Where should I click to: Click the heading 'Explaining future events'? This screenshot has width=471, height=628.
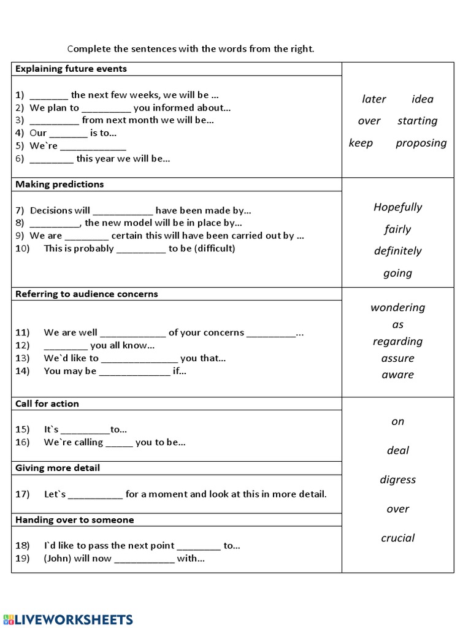pos(71,69)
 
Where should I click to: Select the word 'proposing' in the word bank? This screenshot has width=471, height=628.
pos(421,143)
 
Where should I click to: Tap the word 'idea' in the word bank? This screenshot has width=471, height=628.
pos(423,99)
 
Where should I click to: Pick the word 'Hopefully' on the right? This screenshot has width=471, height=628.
pos(397,207)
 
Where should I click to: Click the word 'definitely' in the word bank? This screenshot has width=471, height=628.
pos(397,251)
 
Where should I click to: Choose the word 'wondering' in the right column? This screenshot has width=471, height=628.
pos(397,307)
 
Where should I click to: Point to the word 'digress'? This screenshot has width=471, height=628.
pos(397,480)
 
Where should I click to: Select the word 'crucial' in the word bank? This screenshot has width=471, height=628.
pos(397,538)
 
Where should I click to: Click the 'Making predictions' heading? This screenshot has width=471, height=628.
pos(59,184)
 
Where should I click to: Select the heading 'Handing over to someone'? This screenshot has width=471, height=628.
pos(74,519)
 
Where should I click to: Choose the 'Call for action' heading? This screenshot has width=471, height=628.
pos(47,404)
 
